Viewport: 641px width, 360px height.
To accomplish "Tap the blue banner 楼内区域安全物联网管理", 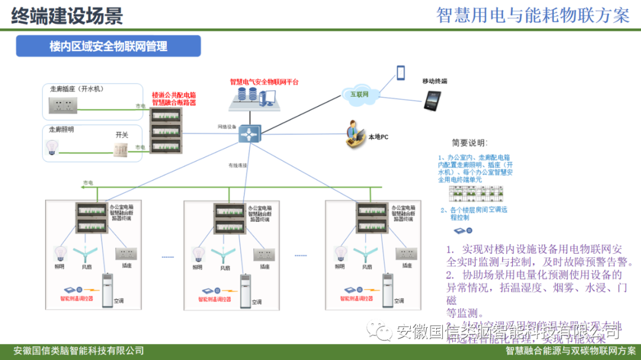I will [108, 46].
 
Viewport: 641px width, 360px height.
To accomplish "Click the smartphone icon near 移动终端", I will [401, 72].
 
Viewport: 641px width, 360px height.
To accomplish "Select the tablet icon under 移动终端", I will [431, 101].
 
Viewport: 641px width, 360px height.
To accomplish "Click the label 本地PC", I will [378, 137].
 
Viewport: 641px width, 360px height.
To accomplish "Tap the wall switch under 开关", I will [121, 149].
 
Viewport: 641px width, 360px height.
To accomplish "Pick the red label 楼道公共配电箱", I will [173, 95].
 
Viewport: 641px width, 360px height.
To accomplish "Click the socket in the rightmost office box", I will [407, 254].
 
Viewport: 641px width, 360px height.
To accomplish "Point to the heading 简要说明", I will [469, 143].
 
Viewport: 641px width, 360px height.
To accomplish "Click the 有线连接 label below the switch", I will [237, 165].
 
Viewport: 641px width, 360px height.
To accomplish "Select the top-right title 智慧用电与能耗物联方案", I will [532, 15].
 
